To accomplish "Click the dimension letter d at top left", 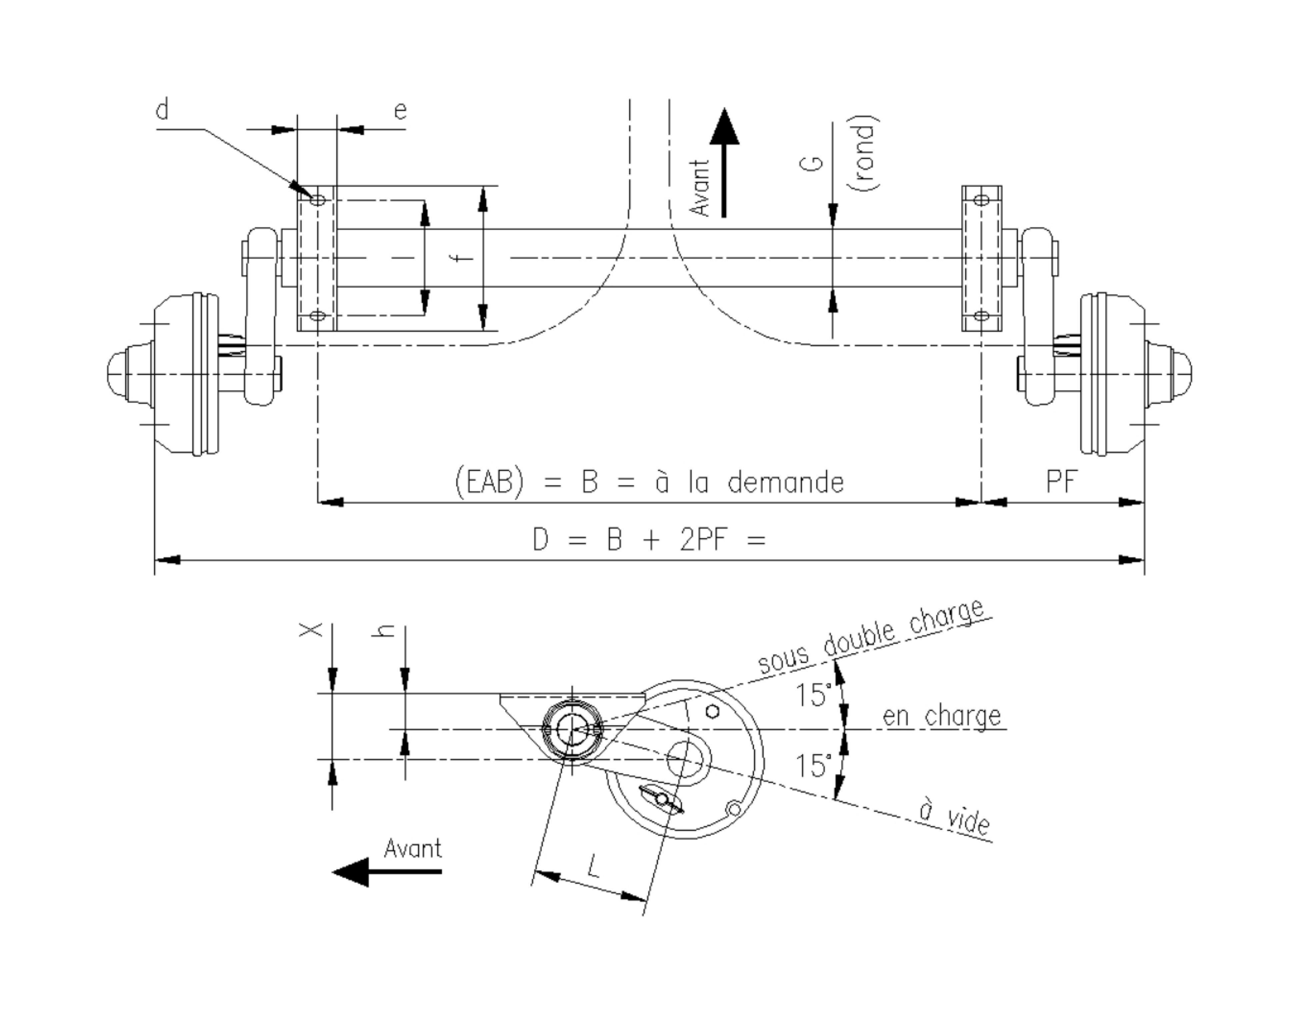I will pos(162,111).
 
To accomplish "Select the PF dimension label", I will pos(1062,481).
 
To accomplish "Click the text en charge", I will pos(941,716).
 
